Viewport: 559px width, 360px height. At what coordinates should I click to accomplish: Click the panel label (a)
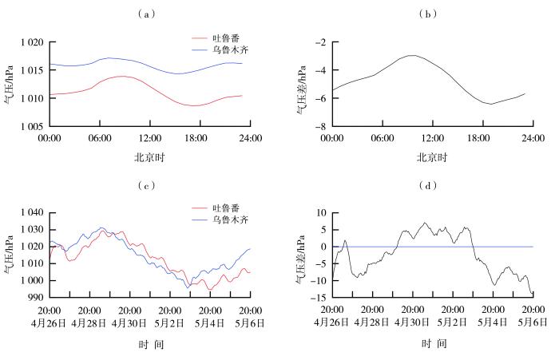(x=146, y=14)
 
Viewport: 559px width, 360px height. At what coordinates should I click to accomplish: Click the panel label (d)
(x=428, y=186)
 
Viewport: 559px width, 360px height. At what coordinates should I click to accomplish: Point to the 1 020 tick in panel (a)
(x=32, y=42)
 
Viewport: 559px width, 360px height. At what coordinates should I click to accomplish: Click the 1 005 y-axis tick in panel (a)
(x=32, y=127)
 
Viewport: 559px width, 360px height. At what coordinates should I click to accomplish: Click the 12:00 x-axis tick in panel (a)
(x=150, y=138)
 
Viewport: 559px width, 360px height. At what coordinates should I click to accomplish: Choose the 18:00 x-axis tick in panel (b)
(x=478, y=138)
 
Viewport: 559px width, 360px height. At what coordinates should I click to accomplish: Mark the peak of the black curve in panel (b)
(x=413, y=55)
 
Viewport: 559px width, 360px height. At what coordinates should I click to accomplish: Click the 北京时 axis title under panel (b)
(x=432, y=157)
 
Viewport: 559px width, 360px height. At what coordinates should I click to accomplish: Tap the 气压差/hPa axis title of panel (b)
(x=302, y=89)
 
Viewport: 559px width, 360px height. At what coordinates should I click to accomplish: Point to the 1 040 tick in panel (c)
(x=32, y=213)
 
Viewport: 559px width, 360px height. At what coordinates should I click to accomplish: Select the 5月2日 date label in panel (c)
(x=169, y=323)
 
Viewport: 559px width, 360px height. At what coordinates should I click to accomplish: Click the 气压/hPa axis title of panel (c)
(x=9, y=254)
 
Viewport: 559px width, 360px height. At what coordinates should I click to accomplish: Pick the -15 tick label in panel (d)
(x=320, y=298)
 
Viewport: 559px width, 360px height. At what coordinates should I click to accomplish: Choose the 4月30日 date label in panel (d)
(x=412, y=322)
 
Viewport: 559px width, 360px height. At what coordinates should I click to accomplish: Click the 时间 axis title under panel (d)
(x=434, y=343)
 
